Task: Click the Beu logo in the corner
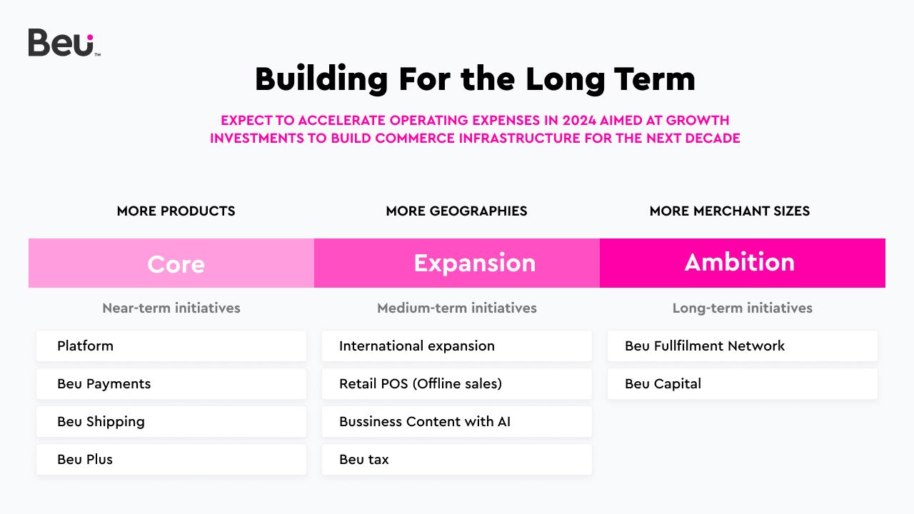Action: [x=64, y=42]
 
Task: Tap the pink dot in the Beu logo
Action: [x=90, y=38]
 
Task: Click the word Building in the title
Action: [x=321, y=79]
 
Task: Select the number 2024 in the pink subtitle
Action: [x=579, y=121]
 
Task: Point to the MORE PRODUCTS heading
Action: [x=176, y=211]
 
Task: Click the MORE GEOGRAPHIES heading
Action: [x=456, y=211]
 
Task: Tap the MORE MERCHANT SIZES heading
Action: [x=730, y=211]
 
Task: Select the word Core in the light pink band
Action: [x=176, y=264]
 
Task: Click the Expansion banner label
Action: [x=475, y=263]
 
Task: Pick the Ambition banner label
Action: [x=739, y=262]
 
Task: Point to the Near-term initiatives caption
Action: [x=171, y=308]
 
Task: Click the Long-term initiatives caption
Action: [x=742, y=308]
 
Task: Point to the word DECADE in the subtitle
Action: [x=713, y=138]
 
